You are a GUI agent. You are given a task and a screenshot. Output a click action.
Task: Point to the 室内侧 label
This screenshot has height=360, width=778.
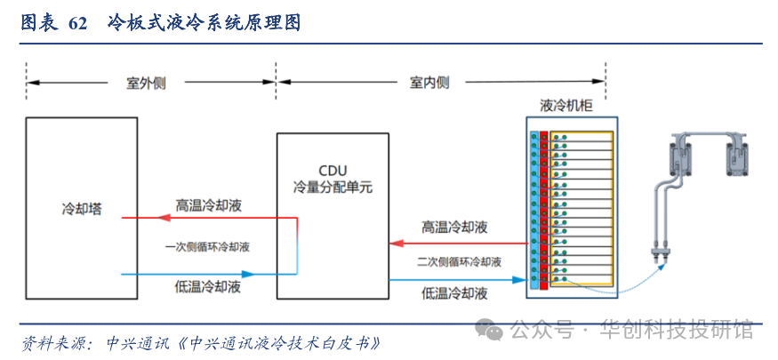(429, 83)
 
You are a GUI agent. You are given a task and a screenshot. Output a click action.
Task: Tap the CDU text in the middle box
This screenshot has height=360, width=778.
(333, 171)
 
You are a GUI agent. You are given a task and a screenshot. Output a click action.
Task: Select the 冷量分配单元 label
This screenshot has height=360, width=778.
(333, 188)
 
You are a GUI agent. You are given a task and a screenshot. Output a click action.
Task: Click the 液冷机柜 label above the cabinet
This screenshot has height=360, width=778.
(566, 105)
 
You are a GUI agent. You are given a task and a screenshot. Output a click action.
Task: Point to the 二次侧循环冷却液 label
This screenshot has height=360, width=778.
(458, 262)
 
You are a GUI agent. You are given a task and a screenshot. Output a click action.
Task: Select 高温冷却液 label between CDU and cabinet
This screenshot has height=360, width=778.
(454, 228)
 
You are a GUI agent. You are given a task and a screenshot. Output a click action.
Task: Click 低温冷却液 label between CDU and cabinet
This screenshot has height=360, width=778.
(454, 293)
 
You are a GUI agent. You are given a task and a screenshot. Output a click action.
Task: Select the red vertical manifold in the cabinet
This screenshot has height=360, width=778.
(543, 210)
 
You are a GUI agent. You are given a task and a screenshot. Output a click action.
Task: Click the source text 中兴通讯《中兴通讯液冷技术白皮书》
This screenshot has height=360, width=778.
(244, 343)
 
